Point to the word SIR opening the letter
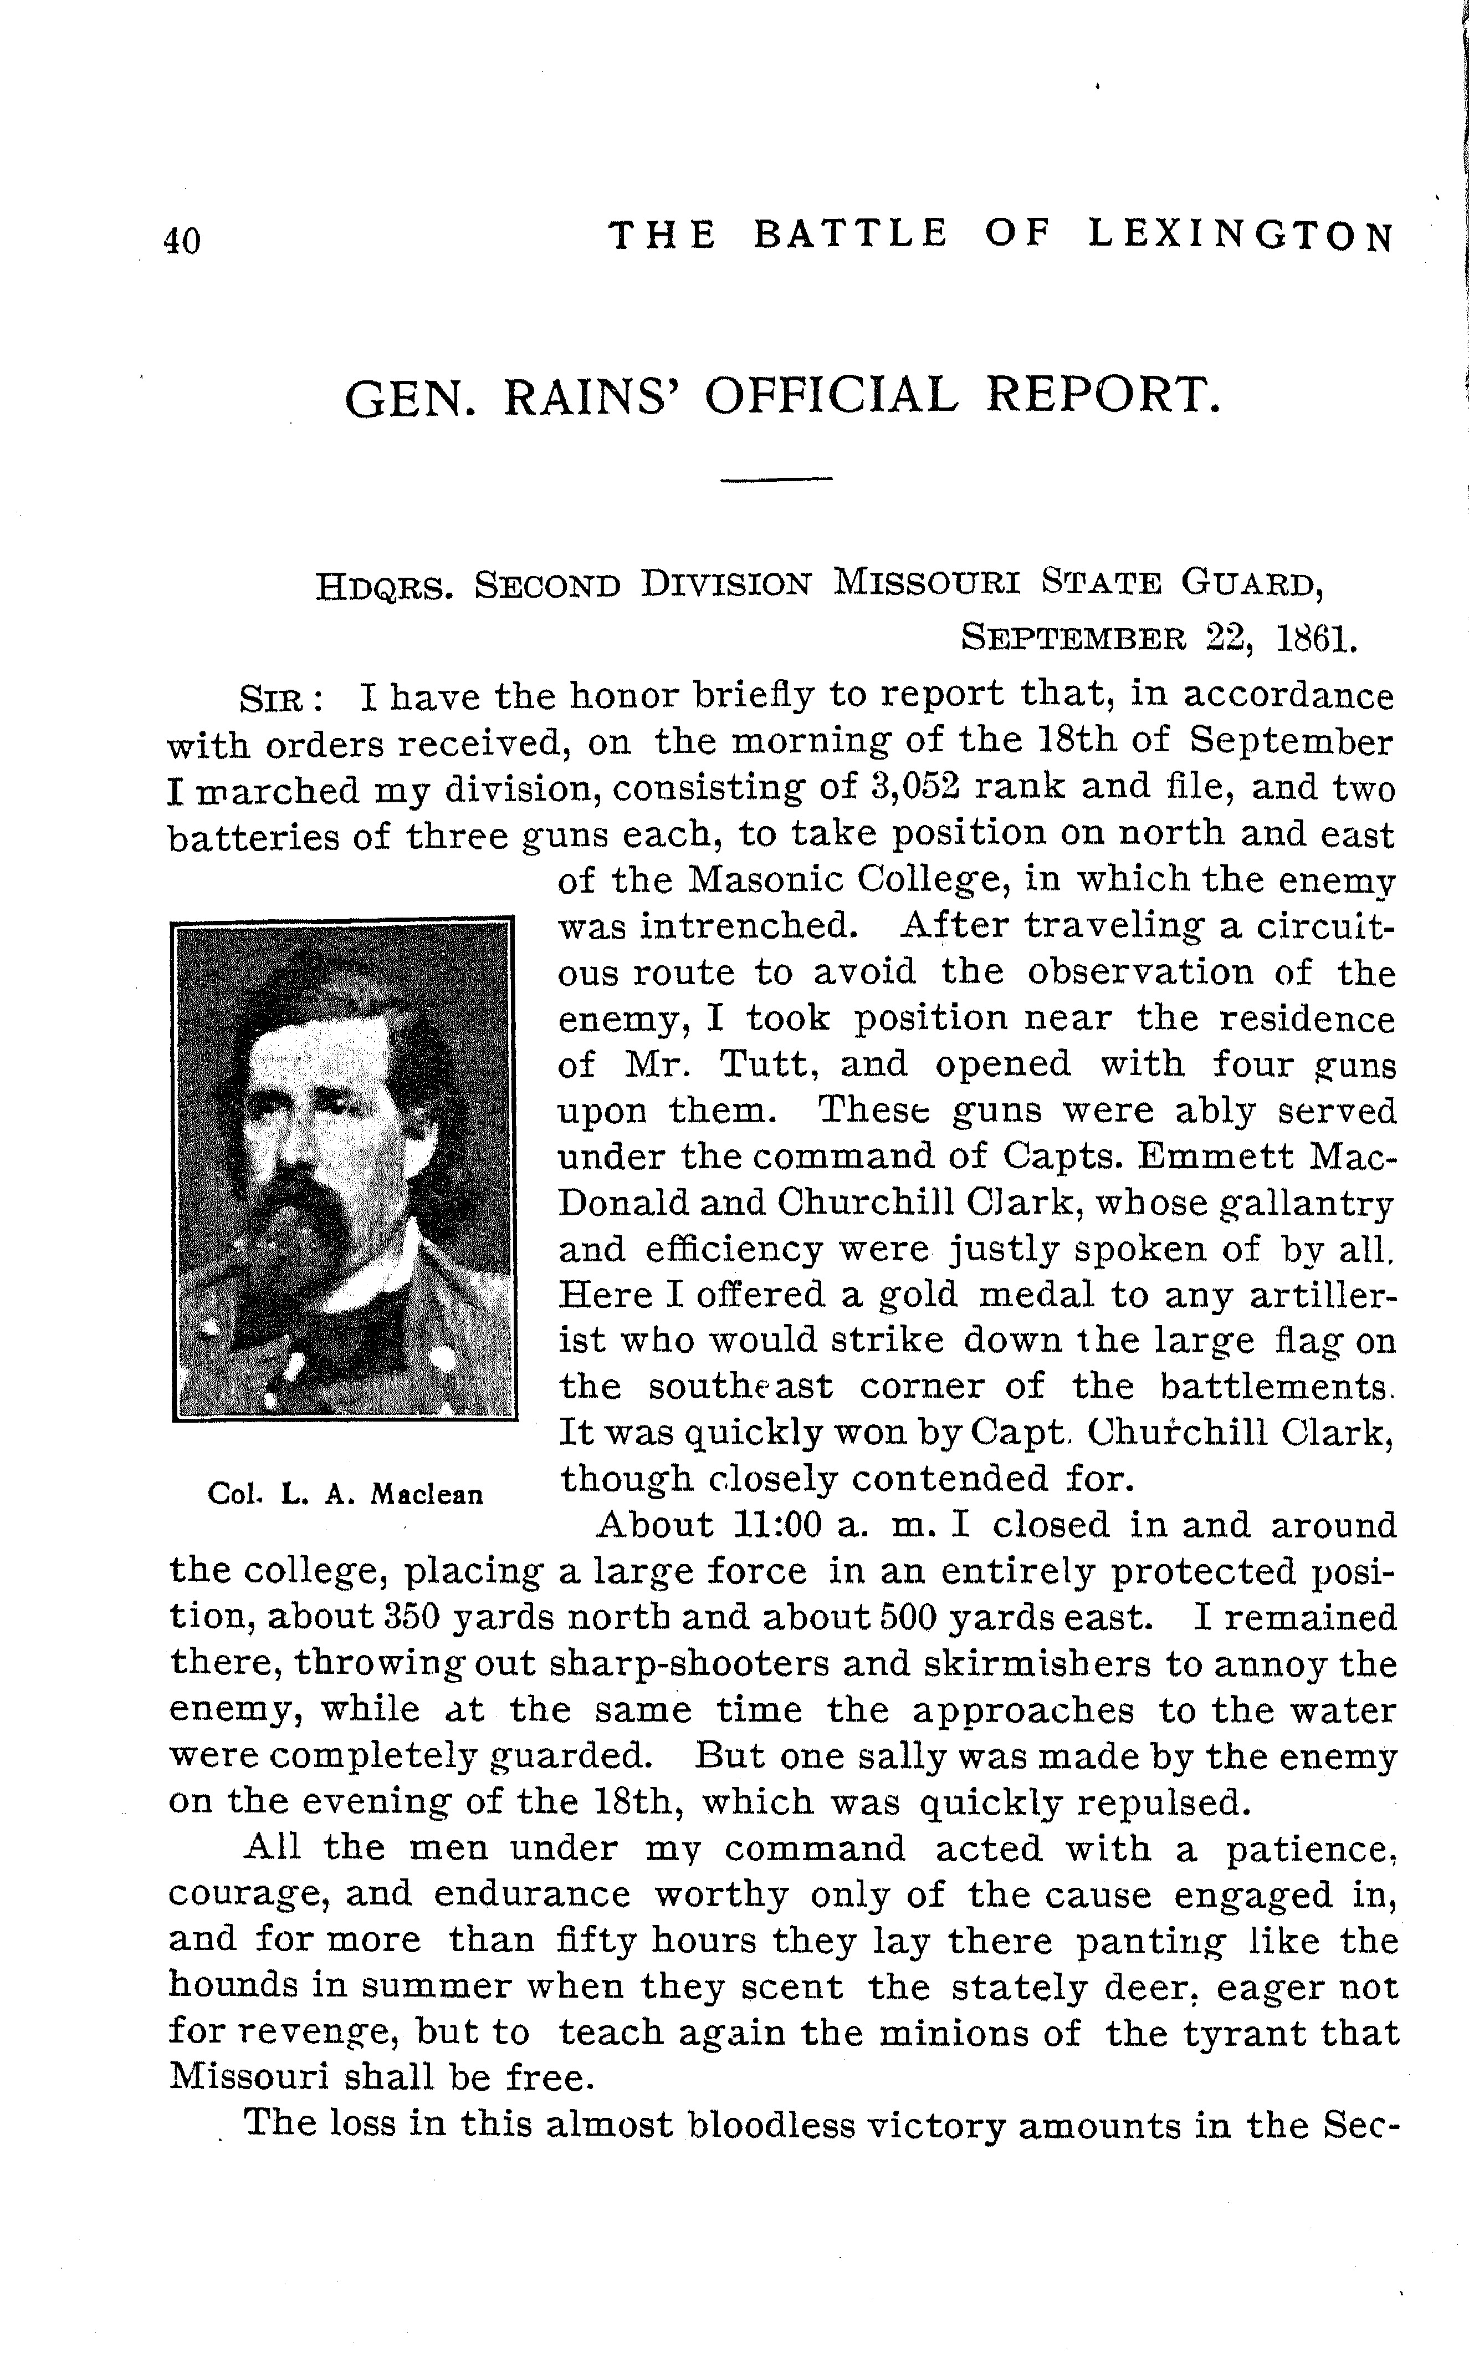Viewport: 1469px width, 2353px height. [275, 698]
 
